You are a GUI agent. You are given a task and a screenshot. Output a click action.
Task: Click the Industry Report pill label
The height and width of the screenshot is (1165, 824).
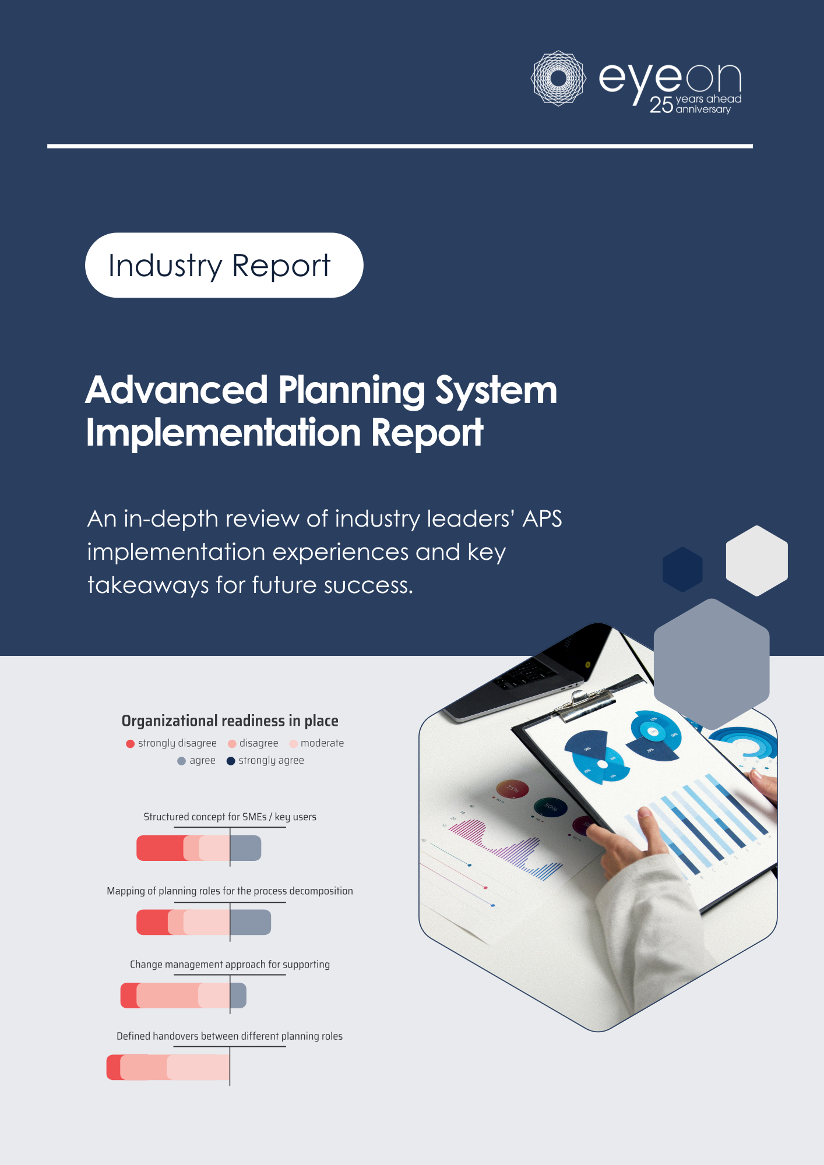tap(224, 266)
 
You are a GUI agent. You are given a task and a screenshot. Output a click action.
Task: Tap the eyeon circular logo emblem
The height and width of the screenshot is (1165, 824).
tap(558, 79)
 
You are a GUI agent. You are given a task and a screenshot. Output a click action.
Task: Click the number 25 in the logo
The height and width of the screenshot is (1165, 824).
tap(661, 105)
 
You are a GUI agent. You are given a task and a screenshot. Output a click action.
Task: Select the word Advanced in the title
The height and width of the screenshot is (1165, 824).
tap(177, 390)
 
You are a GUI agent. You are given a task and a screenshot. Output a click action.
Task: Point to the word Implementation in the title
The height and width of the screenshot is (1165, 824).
tap(224, 433)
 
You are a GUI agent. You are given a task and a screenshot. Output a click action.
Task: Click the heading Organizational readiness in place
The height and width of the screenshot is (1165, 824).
tap(230, 721)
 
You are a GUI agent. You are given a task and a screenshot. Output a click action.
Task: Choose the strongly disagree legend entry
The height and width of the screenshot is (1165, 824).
tap(171, 743)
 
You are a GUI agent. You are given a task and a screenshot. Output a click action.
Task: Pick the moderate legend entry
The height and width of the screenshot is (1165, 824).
tap(316, 743)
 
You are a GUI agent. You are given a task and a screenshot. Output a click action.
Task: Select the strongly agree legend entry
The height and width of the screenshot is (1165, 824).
tap(265, 761)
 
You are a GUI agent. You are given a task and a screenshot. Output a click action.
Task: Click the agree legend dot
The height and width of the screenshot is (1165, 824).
tap(181, 761)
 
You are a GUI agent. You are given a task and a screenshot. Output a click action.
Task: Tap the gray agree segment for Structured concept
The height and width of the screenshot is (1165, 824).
tap(245, 848)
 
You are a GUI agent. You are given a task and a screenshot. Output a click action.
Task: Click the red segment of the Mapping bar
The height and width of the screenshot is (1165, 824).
tap(153, 922)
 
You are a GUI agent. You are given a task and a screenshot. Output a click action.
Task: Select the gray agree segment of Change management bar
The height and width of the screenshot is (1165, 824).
tap(238, 995)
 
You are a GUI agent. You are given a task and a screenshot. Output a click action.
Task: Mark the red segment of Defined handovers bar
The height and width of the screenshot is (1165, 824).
tap(114, 1067)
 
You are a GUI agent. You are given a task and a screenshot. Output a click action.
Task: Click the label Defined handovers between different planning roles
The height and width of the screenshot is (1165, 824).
tap(230, 1036)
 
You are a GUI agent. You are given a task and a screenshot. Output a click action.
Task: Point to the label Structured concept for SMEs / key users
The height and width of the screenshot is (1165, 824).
tap(230, 817)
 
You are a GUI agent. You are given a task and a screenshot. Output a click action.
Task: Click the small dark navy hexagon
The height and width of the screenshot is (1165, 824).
tap(682, 570)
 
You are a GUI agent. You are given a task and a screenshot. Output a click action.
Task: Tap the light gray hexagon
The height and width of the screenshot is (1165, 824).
tap(756, 561)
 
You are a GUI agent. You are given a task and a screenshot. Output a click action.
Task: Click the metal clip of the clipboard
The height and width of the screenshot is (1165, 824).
tap(583, 702)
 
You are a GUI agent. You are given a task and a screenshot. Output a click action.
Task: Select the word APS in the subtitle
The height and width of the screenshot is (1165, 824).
tap(542, 518)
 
